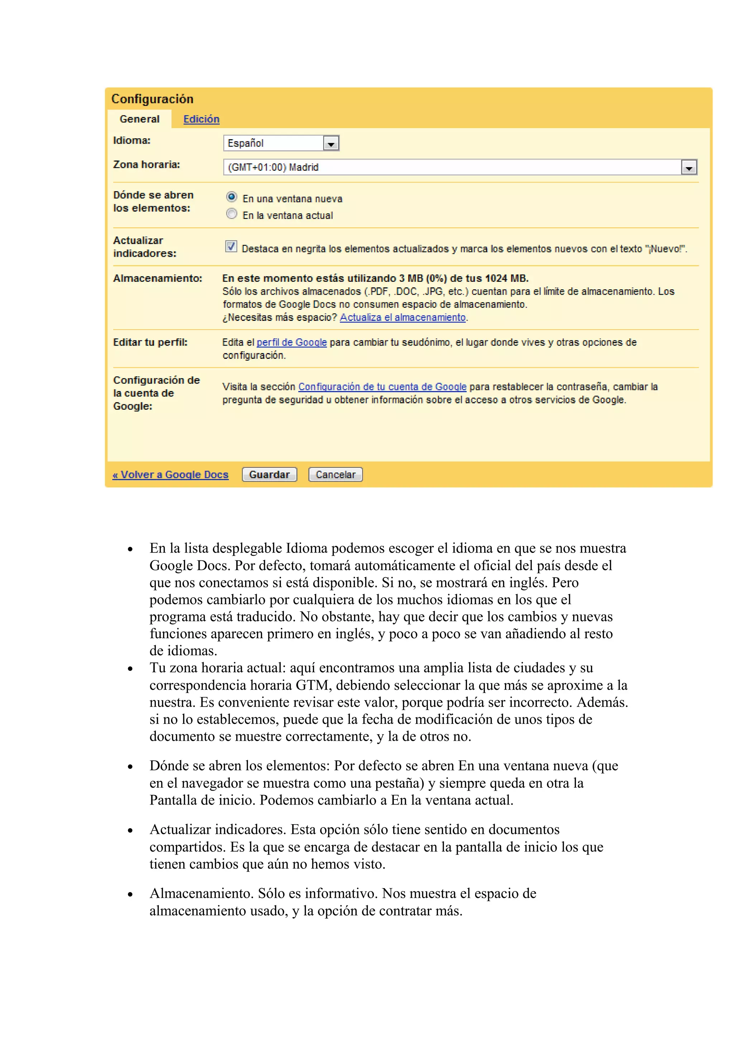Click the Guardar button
pos(269,474)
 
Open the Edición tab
pos(201,119)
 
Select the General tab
pos(139,119)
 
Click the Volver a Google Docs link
pos(171,475)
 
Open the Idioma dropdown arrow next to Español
pos(331,143)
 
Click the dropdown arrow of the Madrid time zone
pos(689,167)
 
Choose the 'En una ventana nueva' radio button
pos(232,197)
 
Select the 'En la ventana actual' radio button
pos(232,214)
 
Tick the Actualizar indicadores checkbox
pos(231,247)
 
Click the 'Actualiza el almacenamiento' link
pos(402,318)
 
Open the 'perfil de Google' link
pos(292,342)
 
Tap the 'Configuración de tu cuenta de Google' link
pos(382,387)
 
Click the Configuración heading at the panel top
pos(152,99)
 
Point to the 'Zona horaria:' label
pos(147,165)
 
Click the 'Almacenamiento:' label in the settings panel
pos(157,278)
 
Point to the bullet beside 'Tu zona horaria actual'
pos(130,669)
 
